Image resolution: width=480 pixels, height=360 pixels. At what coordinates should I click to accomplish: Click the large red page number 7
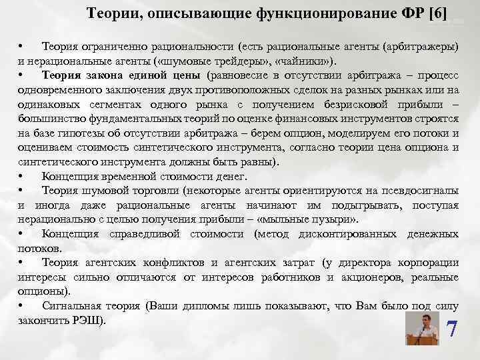[452, 329]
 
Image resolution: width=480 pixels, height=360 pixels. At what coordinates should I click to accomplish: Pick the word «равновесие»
[239, 74]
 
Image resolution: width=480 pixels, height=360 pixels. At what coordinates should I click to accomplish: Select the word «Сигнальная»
[71, 306]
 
